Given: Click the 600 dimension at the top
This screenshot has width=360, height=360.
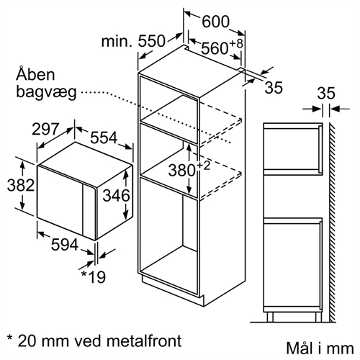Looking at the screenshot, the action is click(215, 22).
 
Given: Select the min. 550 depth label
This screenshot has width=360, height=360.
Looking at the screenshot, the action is click(133, 41).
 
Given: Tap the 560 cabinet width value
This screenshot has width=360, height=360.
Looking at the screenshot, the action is click(214, 48).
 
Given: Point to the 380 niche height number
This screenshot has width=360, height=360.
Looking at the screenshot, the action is click(181, 171).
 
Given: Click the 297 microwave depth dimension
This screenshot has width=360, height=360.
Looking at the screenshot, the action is click(45, 129).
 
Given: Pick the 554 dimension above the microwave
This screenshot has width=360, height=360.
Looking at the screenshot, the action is click(104, 138).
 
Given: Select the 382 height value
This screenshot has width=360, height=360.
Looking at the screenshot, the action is click(21, 185).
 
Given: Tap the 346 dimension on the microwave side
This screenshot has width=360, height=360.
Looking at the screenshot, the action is click(116, 195).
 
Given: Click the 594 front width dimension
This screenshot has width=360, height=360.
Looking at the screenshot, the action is click(65, 245).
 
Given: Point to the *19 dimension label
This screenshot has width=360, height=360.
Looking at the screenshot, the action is click(93, 276).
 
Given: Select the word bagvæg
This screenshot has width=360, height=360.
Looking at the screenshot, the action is click(46, 92).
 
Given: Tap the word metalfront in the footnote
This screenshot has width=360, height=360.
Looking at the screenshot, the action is click(144, 341).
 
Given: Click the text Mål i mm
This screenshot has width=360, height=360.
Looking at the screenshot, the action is click(320, 348).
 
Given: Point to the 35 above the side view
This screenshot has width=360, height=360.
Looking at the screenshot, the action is click(326, 94).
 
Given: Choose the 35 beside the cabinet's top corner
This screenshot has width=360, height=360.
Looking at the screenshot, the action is click(274, 87).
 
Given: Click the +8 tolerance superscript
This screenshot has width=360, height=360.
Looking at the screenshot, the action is click(236, 44).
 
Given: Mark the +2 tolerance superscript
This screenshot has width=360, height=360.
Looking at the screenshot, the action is click(204, 166).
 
